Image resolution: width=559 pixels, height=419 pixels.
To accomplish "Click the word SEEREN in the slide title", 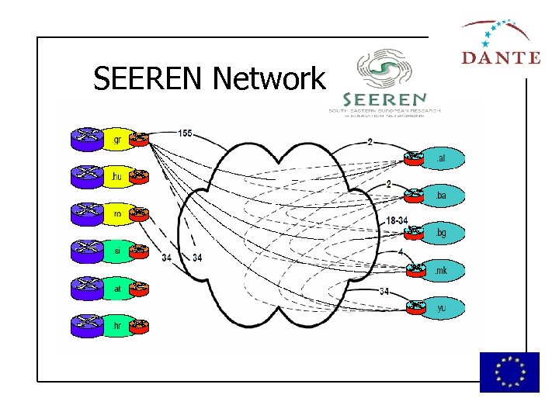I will click(x=150, y=78).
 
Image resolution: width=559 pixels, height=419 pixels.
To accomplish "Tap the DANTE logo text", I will click(x=501, y=57).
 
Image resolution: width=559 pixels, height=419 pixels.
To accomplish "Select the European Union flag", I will click(x=509, y=372).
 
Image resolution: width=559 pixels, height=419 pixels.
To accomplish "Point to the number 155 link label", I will click(x=185, y=133).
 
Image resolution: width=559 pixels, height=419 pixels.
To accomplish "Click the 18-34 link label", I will click(x=396, y=221).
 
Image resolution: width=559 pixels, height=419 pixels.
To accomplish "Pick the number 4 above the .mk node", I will click(x=400, y=252).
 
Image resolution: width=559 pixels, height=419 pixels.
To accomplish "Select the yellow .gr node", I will click(x=117, y=140).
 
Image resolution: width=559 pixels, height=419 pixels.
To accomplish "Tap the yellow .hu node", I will click(x=117, y=178).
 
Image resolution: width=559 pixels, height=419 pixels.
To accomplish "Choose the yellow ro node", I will click(x=117, y=214).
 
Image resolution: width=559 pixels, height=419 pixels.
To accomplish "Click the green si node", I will click(x=117, y=251).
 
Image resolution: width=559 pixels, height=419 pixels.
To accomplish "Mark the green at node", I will click(x=117, y=289).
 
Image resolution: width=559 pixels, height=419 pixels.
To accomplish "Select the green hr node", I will click(x=117, y=325).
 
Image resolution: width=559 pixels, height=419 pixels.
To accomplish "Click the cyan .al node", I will click(x=440, y=159).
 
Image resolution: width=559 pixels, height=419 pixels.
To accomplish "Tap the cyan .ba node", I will click(x=440, y=196).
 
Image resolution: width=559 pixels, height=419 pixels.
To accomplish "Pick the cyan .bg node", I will click(x=440, y=233).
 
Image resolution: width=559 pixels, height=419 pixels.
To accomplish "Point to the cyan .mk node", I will click(x=440, y=271).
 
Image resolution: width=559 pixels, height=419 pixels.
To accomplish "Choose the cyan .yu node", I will click(x=440, y=308).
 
